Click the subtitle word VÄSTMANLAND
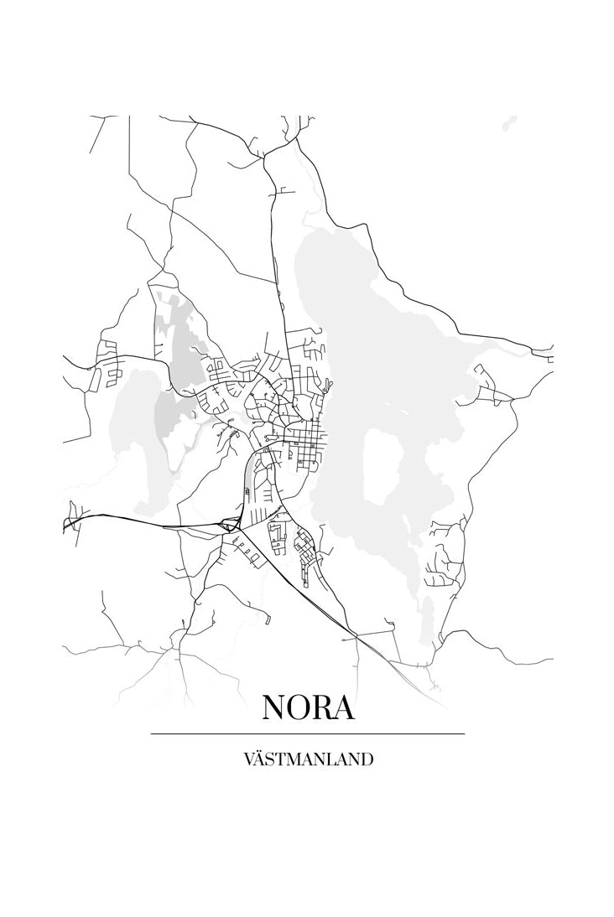307,760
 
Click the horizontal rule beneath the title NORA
307,733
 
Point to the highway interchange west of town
226,526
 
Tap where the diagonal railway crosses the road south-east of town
356,639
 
